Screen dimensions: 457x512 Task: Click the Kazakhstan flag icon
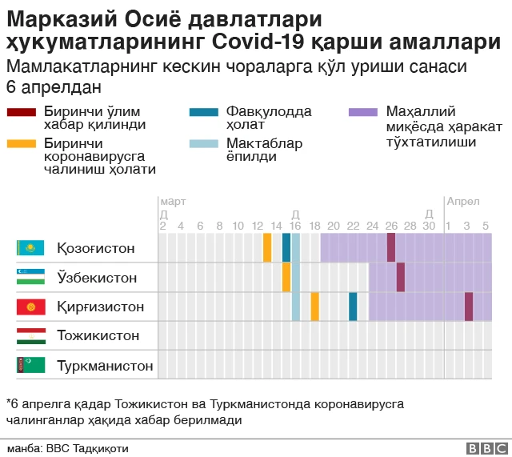pyautogui.click(x=30, y=248)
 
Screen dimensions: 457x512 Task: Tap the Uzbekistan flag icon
pyautogui.click(x=30, y=278)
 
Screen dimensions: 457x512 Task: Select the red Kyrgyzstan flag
pyautogui.click(x=30, y=307)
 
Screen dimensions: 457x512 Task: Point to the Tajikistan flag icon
pyautogui.click(x=30, y=335)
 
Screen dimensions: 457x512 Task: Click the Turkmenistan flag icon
pyautogui.click(x=30, y=365)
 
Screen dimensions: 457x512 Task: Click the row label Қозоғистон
pyautogui.click(x=95, y=248)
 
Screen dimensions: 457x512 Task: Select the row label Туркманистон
pyautogui.click(x=104, y=365)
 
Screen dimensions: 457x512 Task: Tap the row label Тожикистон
pyautogui.click(x=98, y=335)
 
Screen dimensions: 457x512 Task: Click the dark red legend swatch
pyautogui.click(x=21, y=112)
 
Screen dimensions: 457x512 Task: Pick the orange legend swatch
pyautogui.click(x=21, y=144)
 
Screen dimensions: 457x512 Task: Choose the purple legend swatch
pyautogui.click(x=364, y=112)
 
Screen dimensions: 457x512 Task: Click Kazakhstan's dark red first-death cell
pyautogui.click(x=391, y=247)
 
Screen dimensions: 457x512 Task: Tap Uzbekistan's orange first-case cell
pyautogui.click(x=286, y=277)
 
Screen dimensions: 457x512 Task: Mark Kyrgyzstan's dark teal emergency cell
pyautogui.click(x=353, y=307)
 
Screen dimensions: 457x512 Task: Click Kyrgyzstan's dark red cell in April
pyautogui.click(x=469, y=307)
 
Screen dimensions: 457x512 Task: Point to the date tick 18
pyautogui.click(x=314, y=226)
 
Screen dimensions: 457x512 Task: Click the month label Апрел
pyautogui.click(x=463, y=201)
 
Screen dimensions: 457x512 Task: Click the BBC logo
pyautogui.click(x=484, y=449)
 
